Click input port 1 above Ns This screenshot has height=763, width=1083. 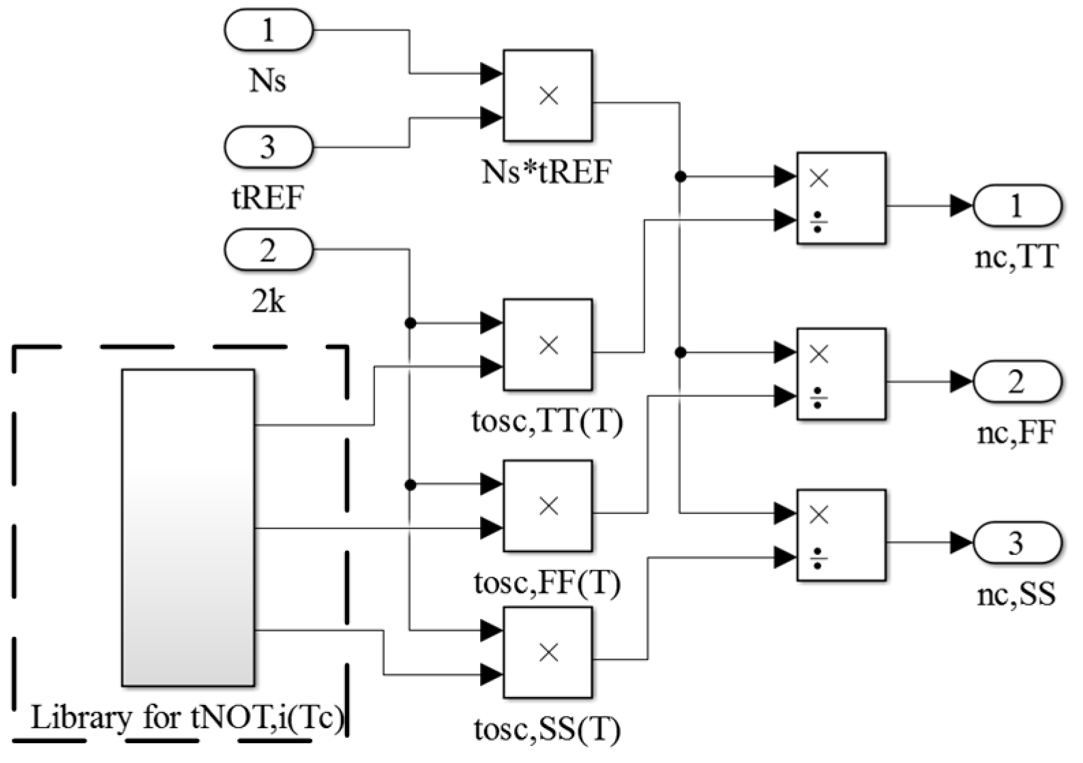pos(269,30)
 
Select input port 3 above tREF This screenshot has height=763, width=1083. pos(269,147)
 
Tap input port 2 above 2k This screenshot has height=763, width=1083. pos(269,250)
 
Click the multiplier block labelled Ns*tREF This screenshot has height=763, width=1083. pos(548,95)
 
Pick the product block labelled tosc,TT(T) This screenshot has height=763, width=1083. pos(548,345)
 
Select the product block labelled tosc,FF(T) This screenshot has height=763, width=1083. pos(548,506)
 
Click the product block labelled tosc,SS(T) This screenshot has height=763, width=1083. pos(548,653)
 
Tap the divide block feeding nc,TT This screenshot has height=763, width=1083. pos(841,198)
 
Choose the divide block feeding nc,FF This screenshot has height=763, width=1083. pos(841,374)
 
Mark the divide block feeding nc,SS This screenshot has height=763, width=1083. pos(841,535)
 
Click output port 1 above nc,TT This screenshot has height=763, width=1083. pos(1017,205)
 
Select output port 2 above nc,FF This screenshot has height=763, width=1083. pos(1017,381)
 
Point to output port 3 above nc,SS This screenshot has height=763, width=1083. pos(1017,543)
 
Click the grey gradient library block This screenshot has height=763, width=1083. pos(188,527)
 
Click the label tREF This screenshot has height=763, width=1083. pos(267,198)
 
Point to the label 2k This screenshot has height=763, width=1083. pos(268,301)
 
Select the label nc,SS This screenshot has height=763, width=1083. pos(1016,595)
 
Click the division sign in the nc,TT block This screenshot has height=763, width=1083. pos(818,222)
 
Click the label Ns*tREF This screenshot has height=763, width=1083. pos(547,172)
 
